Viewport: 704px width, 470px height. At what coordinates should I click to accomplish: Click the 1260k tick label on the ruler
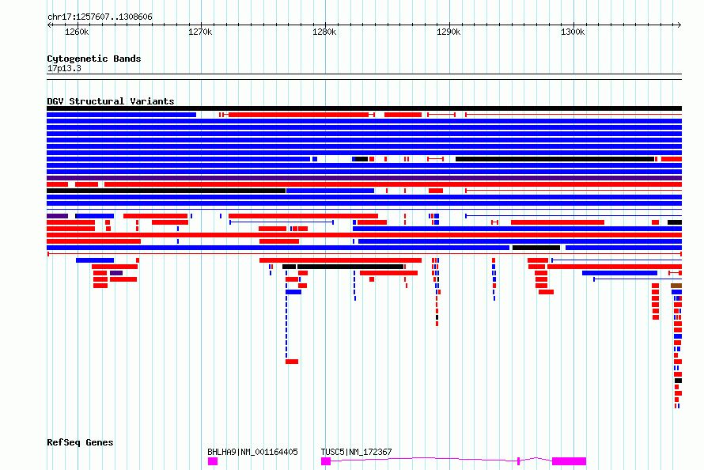click(77, 32)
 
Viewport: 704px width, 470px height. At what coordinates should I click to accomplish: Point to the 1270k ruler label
click(200, 32)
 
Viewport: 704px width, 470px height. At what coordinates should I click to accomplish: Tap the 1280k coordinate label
click(324, 32)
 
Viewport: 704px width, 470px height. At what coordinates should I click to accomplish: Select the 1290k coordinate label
click(448, 32)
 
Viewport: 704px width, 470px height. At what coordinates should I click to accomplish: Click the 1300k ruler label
click(572, 32)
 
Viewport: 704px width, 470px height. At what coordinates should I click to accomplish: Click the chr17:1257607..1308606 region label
click(100, 17)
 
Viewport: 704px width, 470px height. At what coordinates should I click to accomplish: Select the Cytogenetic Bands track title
click(93, 59)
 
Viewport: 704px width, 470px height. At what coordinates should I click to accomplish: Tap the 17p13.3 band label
click(64, 68)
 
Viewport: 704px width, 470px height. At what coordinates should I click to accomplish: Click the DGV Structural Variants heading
click(110, 101)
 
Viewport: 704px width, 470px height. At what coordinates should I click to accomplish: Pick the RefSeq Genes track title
click(80, 442)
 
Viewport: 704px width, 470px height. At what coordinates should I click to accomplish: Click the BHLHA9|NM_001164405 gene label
click(252, 452)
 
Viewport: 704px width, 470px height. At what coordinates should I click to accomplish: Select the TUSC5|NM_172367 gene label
click(356, 452)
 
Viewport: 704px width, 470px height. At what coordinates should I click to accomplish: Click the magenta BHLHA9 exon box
click(213, 461)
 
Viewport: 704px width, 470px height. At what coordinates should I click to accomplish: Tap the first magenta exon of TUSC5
click(326, 461)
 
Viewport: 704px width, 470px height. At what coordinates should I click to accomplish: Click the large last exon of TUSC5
click(569, 461)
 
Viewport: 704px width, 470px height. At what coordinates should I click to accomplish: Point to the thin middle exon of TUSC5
click(518, 461)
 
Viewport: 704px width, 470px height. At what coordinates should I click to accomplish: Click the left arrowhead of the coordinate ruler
click(50, 25)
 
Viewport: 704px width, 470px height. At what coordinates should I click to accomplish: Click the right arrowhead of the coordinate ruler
click(679, 25)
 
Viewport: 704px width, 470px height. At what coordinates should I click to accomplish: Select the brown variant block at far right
click(676, 286)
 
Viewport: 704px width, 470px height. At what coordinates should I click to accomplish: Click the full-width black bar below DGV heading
click(364, 108)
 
